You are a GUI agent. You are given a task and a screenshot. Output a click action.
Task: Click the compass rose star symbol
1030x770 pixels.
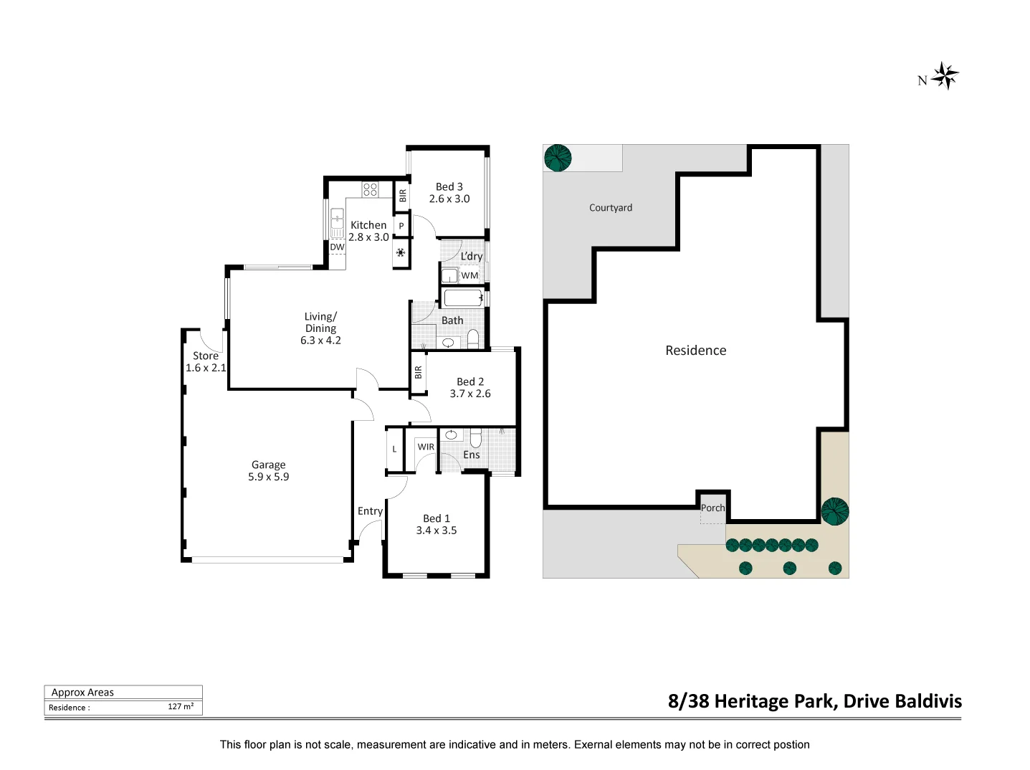[944, 77]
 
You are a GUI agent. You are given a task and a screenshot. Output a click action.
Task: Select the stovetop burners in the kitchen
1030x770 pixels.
[370, 189]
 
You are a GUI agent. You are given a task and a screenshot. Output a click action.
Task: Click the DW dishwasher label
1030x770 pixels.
[337, 247]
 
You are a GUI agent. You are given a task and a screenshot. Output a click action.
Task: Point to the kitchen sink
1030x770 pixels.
[337, 223]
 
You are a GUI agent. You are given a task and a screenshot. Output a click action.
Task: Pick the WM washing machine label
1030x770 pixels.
[469, 275]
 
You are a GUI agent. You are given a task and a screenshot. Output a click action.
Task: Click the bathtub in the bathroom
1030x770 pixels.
[463, 298]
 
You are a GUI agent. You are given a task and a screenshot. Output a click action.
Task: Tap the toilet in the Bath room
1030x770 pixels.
[472, 339]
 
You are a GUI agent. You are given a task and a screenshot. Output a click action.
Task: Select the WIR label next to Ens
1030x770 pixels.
[426, 447]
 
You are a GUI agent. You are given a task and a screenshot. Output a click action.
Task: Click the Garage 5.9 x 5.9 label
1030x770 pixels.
[268, 470]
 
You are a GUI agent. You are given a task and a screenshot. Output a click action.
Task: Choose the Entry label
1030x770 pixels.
[371, 511]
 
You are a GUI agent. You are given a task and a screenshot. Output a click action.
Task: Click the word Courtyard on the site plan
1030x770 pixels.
[611, 207]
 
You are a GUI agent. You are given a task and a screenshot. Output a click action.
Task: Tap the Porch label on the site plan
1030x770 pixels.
[712, 508]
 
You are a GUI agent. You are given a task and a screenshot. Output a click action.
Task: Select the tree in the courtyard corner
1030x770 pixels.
[558, 158]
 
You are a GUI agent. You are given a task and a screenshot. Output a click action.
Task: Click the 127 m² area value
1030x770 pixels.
[181, 706]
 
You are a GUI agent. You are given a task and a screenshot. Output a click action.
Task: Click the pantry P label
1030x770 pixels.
[401, 226]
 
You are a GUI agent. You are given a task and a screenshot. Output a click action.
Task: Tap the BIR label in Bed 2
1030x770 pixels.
[418, 372]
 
